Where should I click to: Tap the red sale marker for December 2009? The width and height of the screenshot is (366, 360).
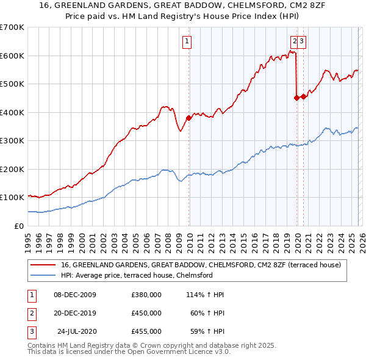pos(188,118)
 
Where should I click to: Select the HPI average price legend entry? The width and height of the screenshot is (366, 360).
pos(136,275)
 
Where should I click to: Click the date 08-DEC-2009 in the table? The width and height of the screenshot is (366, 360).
pos(75,295)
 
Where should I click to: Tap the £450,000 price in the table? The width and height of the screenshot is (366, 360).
pos(146,313)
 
